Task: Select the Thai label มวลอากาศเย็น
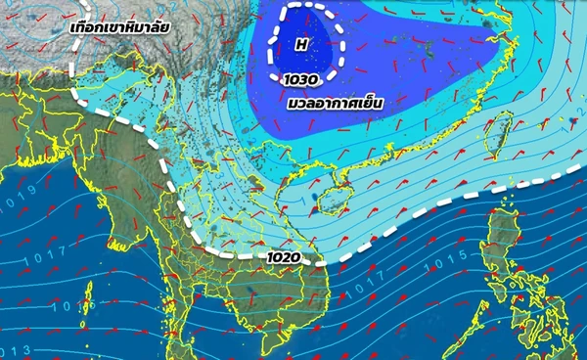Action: tap(334, 101)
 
